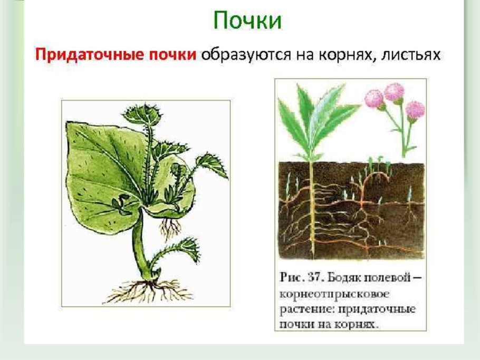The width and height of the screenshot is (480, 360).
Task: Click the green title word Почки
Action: [x=247, y=22]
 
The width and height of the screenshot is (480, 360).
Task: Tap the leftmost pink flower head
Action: [x=374, y=99]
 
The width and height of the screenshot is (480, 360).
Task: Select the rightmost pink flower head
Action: [x=415, y=110]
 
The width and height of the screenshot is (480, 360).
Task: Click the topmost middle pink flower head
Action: [x=393, y=92]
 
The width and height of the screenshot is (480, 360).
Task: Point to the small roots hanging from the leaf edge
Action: [x=170, y=228]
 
